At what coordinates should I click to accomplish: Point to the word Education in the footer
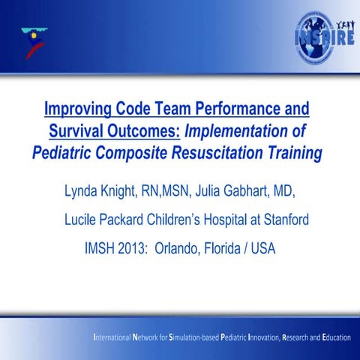(x=333, y=337)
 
